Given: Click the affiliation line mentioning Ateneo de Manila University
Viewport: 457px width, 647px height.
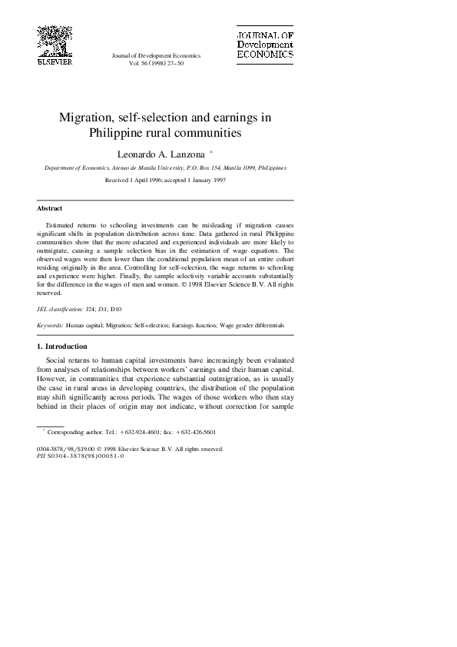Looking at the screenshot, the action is point(165,167).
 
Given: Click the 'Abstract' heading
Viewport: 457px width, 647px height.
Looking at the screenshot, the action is point(50,208).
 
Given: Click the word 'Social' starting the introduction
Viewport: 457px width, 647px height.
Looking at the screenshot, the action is point(58,359).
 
